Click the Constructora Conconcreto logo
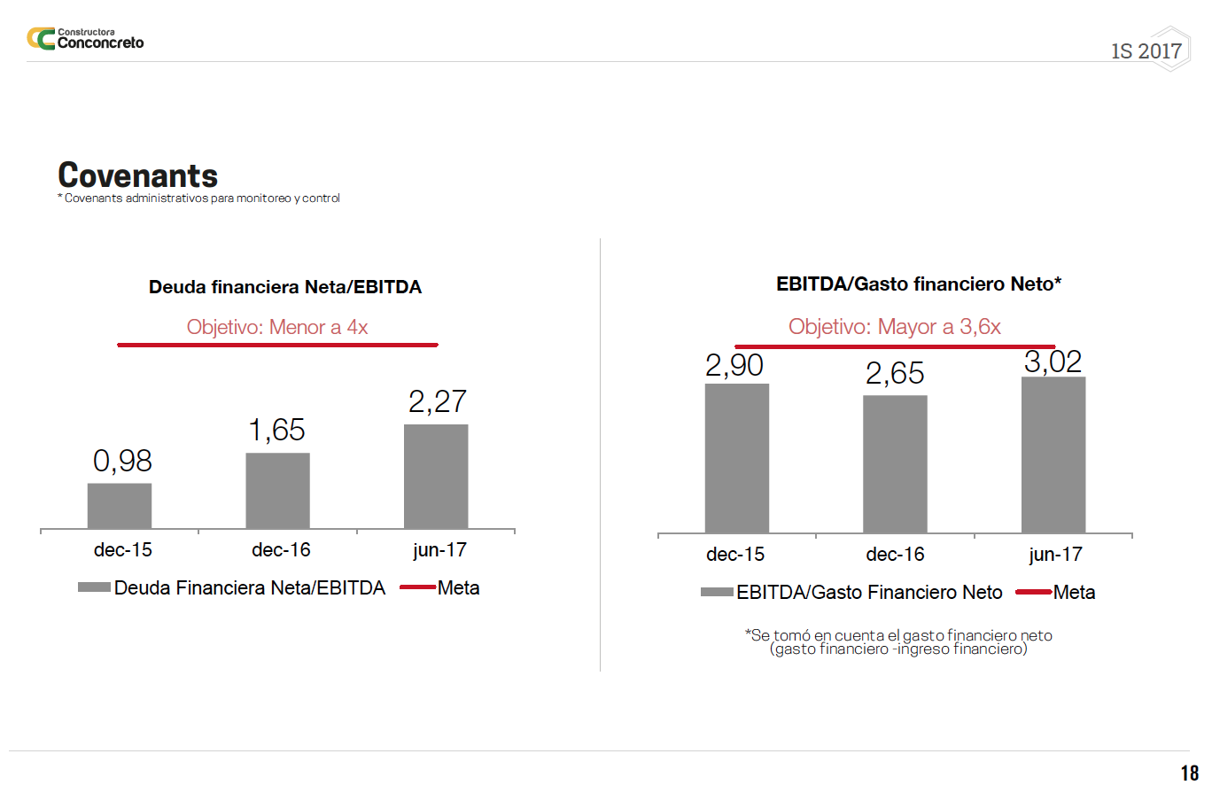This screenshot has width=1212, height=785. pos(85,39)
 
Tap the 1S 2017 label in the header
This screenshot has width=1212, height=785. pos(1146,51)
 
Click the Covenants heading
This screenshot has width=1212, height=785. pos(137,175)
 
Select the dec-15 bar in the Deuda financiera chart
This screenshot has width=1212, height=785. pos(120,506)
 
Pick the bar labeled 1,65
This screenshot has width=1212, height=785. pos(277,491)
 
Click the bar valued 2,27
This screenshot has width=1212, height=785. pos(436,477)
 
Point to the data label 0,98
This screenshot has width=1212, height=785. pos(122,461)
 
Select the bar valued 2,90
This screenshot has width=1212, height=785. pos(737,458)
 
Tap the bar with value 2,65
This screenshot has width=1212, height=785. pos(895,464)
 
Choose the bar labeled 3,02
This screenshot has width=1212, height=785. pos(1053,455)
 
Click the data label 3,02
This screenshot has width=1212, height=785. pos(1053,361)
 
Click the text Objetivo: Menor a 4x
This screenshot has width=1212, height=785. pos(277,327)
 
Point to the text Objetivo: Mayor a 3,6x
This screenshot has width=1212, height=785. pos(895,327)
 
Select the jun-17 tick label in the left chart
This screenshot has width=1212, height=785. pos(439,550)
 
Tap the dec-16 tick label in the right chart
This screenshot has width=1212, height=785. pos(895,555)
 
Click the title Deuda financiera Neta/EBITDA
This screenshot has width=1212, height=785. pos(285,287)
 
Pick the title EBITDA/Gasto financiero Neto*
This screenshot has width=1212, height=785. pos(919,284)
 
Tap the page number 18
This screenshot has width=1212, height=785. pos(1189,773)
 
